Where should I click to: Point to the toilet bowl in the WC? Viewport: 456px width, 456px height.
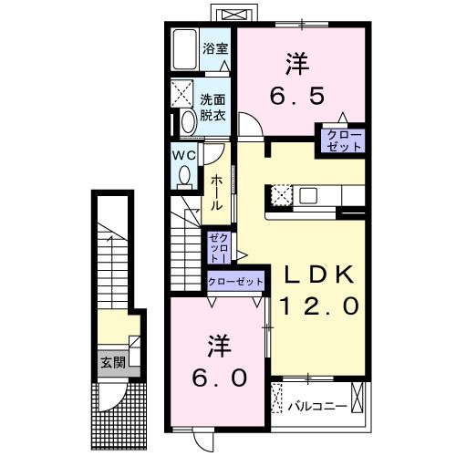point(185,173)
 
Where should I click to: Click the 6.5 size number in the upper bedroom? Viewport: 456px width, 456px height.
point(298,94)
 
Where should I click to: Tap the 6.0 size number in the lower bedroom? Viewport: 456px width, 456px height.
point(219,378)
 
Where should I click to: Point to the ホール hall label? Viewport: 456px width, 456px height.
point(217,192)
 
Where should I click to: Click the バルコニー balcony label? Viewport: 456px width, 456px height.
point(317,402)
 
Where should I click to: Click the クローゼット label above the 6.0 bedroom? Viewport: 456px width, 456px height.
point(236,282)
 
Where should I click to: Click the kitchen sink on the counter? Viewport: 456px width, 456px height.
point(306,194)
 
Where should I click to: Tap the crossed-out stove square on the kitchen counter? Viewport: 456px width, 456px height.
point(279,195)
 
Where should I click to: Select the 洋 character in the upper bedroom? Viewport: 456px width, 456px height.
point(298,64)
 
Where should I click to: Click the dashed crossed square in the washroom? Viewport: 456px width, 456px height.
point(182,92)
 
